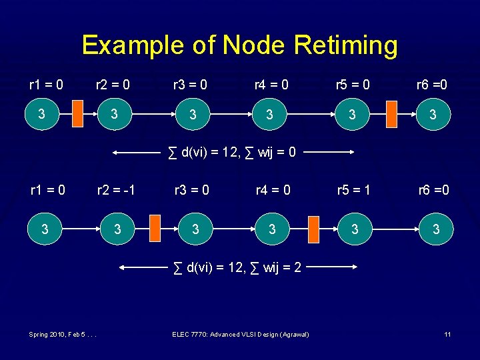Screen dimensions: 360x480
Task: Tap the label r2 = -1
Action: click(115, 190)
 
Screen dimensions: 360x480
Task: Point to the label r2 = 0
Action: click(113, 85)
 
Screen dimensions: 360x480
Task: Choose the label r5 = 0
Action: click(353, 85)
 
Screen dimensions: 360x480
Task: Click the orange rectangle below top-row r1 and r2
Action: click(77, 114)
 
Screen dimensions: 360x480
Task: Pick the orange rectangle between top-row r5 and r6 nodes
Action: click(392, 114)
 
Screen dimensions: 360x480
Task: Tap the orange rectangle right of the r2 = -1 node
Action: click(155, 229)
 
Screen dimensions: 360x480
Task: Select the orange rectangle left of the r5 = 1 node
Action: click(314, 229)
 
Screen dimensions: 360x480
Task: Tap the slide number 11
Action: click(447, 334)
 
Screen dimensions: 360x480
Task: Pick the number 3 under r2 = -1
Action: click(117, 230)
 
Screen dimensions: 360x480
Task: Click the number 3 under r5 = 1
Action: click(355, 230)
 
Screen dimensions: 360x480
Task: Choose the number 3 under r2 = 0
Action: click(115, 115)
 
